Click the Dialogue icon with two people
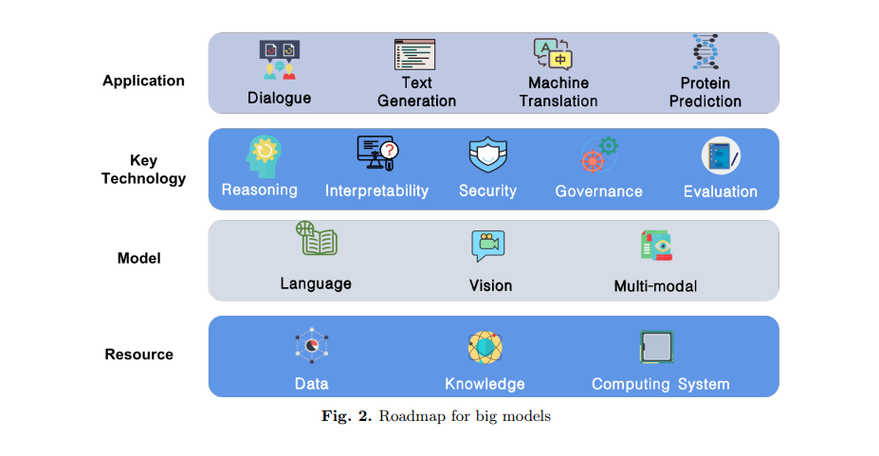279,60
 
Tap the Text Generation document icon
414,55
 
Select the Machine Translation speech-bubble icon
553,54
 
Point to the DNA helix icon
705,51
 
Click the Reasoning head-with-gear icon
264,156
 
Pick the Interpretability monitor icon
377,153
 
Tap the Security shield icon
487,155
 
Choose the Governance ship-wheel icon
598,155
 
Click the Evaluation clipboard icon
721,155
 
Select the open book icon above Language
317,238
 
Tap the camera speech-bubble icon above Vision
487,246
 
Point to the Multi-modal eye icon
656,246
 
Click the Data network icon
312,346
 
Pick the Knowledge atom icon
485,347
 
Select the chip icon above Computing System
656,347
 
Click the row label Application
143,81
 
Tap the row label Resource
139,354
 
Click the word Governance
598,192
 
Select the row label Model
139,258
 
